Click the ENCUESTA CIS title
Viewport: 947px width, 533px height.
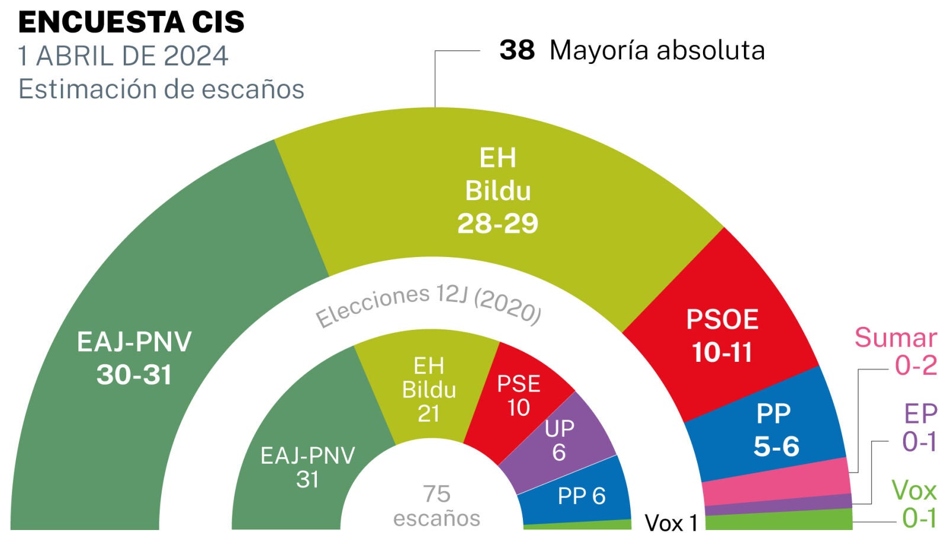point(131,23)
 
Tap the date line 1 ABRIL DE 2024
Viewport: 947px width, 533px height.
point(123,56)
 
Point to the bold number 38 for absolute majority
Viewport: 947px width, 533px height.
point(516,50)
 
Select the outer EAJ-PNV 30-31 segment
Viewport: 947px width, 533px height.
point(134,358)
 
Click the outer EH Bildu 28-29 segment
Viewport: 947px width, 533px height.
point(497,191)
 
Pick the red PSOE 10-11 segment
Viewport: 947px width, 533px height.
point(722,335)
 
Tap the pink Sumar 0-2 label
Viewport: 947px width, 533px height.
point(895,351)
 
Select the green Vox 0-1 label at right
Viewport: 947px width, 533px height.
point(914,504)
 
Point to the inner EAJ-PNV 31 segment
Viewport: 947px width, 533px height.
point(307,467)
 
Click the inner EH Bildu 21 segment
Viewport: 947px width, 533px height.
point(429,389)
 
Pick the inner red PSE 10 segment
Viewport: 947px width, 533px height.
point(518,395)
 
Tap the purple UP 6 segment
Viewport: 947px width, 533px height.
point(559,439)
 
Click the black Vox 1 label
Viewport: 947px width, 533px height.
point(671,523)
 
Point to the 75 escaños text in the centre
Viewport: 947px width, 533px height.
point(436,506)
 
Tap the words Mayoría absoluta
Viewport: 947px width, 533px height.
point(657,50)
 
